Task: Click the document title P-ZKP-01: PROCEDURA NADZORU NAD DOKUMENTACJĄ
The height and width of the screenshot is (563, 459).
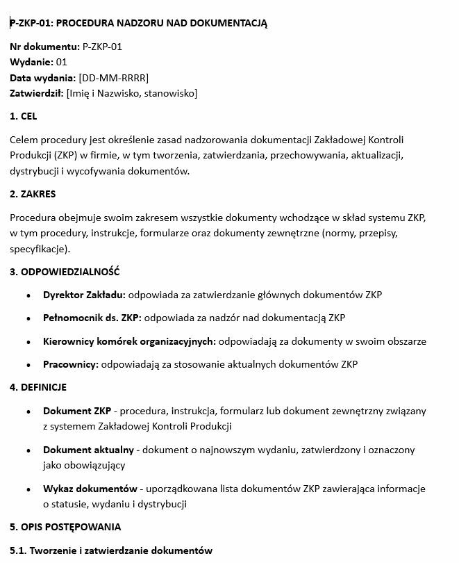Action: [138, 23]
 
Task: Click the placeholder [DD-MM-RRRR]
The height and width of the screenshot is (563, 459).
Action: [113, 78]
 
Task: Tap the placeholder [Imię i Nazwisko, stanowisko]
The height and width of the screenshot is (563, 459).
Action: [132, 93]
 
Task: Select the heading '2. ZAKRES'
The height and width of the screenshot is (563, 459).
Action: [33, 194]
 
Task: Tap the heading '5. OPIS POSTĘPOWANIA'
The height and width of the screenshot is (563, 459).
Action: [65, 526]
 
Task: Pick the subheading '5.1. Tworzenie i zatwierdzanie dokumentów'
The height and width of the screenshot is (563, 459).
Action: [110, 550]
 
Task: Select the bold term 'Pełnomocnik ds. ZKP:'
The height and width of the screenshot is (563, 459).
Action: [92, 318]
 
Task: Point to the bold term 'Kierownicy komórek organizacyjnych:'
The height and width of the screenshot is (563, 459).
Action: [129, 341]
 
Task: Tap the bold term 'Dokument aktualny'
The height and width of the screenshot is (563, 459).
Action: [87, 450]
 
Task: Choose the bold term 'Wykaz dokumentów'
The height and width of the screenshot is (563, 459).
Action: [90, 489]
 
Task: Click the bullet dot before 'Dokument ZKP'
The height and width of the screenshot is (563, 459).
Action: [28, 411]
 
